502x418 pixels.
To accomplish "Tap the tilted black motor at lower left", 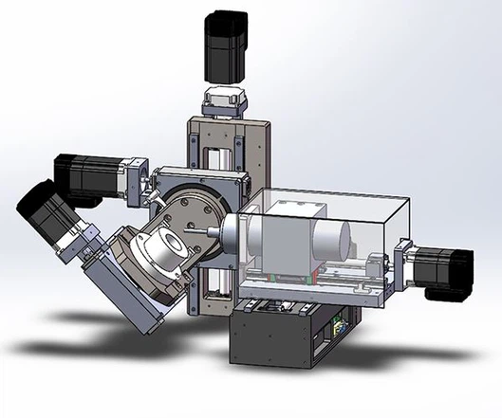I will pos(43,214).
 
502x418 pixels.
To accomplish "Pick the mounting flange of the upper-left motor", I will pos(135,180).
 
